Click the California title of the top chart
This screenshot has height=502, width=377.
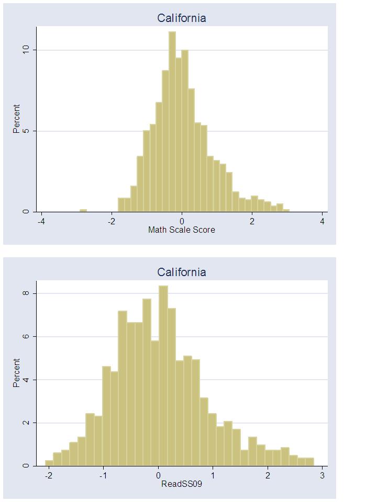click(182, 18)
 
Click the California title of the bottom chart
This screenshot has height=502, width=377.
click(182, 272)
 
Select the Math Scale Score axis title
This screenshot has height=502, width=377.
click(182, 230)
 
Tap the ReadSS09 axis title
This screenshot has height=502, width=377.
click(182, 484)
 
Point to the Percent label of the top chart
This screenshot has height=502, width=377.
click(17, 119)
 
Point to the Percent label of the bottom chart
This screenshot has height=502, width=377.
click(17, 373)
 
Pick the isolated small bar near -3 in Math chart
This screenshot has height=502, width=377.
click(83, 211)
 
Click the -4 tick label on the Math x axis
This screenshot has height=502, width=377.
click(41, 221)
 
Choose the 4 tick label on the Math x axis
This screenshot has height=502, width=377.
click(323, 221)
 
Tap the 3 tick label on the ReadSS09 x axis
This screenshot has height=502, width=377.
click(322, 475)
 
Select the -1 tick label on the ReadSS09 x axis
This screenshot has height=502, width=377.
click(103, 475)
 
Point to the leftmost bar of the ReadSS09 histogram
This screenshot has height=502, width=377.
click(49, 463)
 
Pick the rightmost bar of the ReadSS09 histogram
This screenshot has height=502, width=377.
click(310, 462)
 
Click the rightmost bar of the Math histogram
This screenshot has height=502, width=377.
click(286, 211)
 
